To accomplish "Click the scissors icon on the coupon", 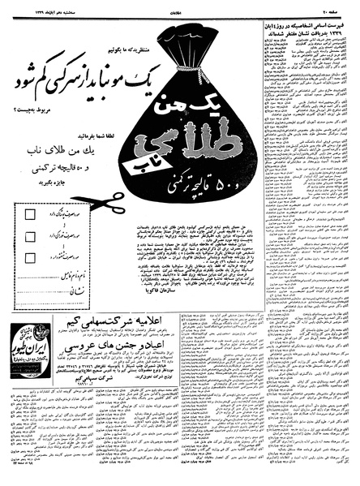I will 110,203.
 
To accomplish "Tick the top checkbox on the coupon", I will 30,215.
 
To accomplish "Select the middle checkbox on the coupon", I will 30,237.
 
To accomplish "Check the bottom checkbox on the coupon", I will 30,258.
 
